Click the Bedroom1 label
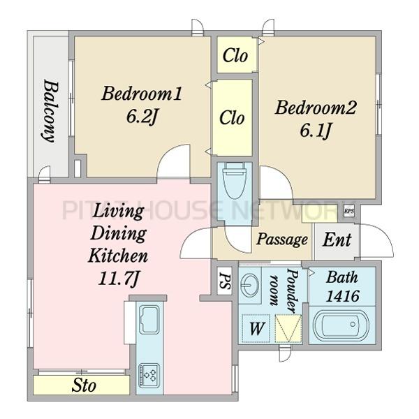tap(141, 94)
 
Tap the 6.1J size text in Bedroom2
tap(316, 131)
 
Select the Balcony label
tap(51, 110)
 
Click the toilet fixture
tap(235, 181)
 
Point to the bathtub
tap(341, 325)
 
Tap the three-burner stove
tap(149, 375)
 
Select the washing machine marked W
tap(256, 328)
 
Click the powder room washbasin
tap(249, 285)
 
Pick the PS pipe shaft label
tap(224, 281)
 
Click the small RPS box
tap(348, 211)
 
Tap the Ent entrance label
tap(337, 240)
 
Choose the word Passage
tap(282, 239)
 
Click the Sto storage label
tap(84, 385)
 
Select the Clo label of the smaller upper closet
tap(235, 56)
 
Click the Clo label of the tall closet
tap(232, 117)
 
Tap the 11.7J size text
tap(119, 279)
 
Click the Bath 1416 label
tap(342, 286)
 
